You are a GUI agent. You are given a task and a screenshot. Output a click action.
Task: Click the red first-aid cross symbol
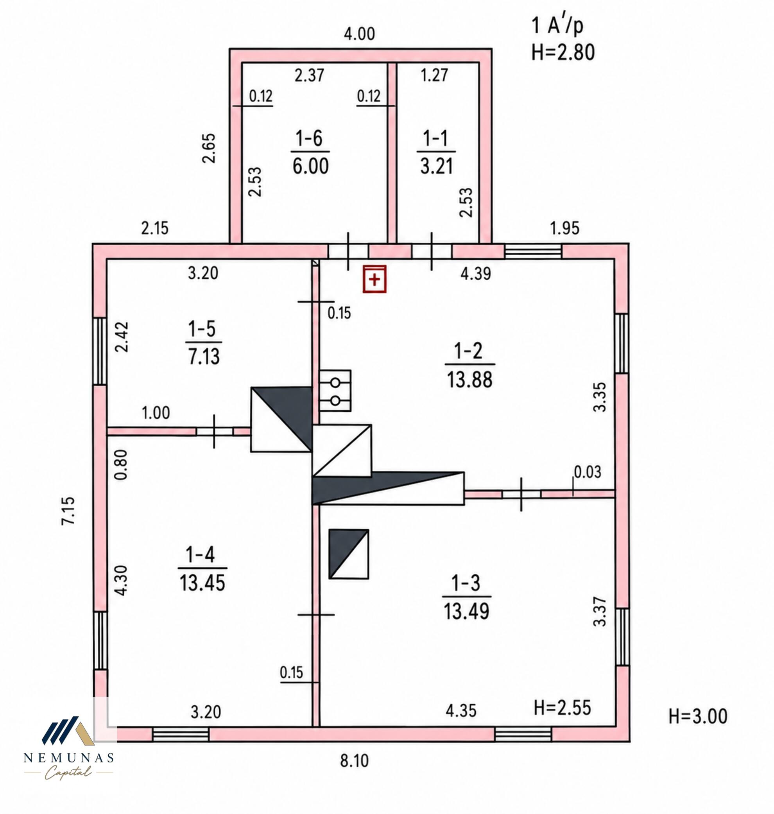[x=374, y=279]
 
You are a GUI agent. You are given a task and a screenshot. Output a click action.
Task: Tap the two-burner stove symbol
[x=335, y=391]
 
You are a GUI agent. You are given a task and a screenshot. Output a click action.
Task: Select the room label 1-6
[x=310, y=138]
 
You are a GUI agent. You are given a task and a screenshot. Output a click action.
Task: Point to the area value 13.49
[x=466, y=611]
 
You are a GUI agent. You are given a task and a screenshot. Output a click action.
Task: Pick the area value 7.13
[x=204, y=356]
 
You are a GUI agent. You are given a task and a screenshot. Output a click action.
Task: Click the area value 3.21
[x=437, y=166]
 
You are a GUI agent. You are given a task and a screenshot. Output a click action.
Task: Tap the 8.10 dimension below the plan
[x=354, y=761]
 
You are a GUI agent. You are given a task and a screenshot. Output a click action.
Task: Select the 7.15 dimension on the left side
[x=68, y=510]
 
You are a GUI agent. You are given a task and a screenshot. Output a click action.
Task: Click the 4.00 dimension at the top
[x=359, y=34]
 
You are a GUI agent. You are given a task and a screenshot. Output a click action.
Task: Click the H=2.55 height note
[x=563, y=708]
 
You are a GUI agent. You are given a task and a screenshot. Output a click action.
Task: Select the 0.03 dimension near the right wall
[x=588, y=472]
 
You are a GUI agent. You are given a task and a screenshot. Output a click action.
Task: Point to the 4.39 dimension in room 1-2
[x=476, y=274]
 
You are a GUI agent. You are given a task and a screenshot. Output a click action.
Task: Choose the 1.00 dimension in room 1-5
[x=156, y=413]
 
